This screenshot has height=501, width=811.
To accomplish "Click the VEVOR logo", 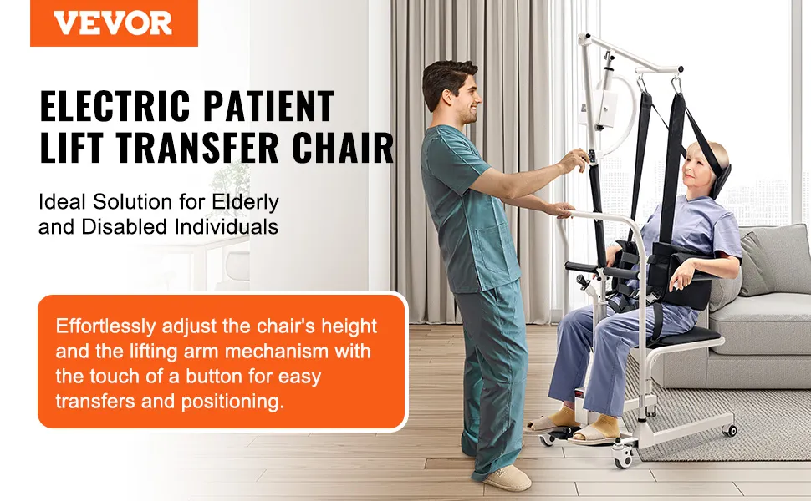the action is point(113,23).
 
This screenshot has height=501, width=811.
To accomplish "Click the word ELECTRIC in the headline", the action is point(115,106).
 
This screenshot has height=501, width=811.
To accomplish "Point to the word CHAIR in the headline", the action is point(344,149).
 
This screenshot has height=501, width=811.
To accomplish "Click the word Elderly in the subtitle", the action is point(246,202).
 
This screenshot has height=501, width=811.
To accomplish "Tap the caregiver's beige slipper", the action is point(507,478).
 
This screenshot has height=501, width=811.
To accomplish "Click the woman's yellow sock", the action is point(607,426).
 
